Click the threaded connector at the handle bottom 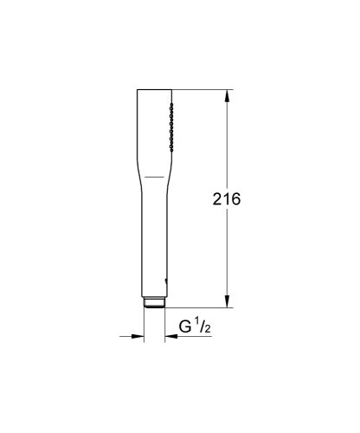[x=152, y=303]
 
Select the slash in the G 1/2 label [x=202, y=327]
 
